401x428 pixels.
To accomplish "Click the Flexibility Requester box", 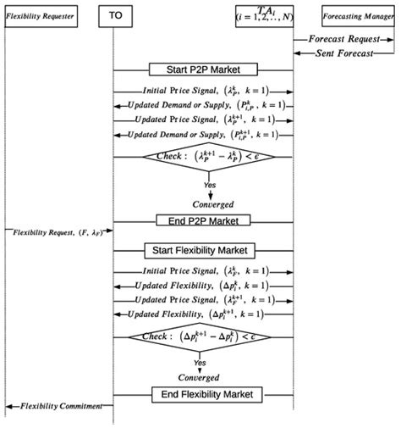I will pyautogui.click(x=40, y=15).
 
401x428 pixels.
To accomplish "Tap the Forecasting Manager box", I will pyautogui.click(x=359, y=15).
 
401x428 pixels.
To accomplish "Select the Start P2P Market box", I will pyautogui.click(x=203, y=69).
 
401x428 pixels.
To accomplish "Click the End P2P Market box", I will pyautogui.click(x=203, y=220).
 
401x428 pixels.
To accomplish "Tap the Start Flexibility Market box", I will pyautogui.click(x=203, y=250).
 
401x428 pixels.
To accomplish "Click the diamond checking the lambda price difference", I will pyautogui.click(x=203, y=157).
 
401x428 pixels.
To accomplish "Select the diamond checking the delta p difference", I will pyautogui.click(x=203, y=337).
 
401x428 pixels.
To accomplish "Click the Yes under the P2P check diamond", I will pyautogui.click(x=210, y=184).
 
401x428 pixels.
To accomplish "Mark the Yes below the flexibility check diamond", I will pyautogui.click(x=200, y=363).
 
